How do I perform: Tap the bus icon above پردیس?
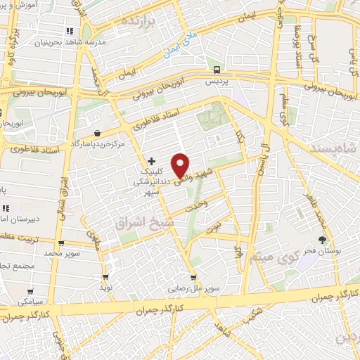(217, 70)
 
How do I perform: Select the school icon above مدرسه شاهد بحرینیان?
(69, 32)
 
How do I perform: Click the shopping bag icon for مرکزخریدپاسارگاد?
(97, 133)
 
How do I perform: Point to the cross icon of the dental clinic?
(151, 161)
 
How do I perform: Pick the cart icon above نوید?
(106, 276)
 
